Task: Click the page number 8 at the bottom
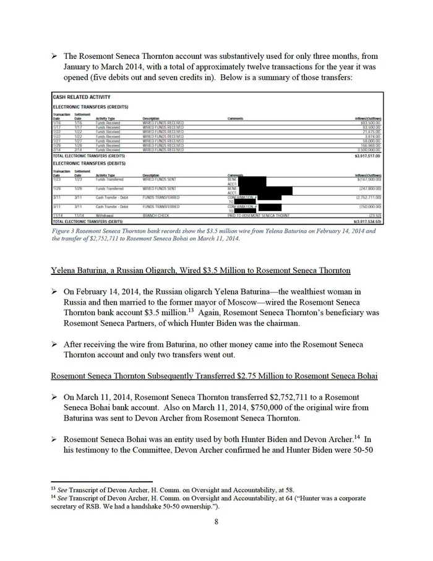[x=216, y=521]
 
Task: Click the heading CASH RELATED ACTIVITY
[x=81, y=97]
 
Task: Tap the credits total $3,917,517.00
[x=366, y=156]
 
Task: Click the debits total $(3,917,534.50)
[x=364, y=220]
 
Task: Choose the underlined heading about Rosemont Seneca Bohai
[x=215, y=376]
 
